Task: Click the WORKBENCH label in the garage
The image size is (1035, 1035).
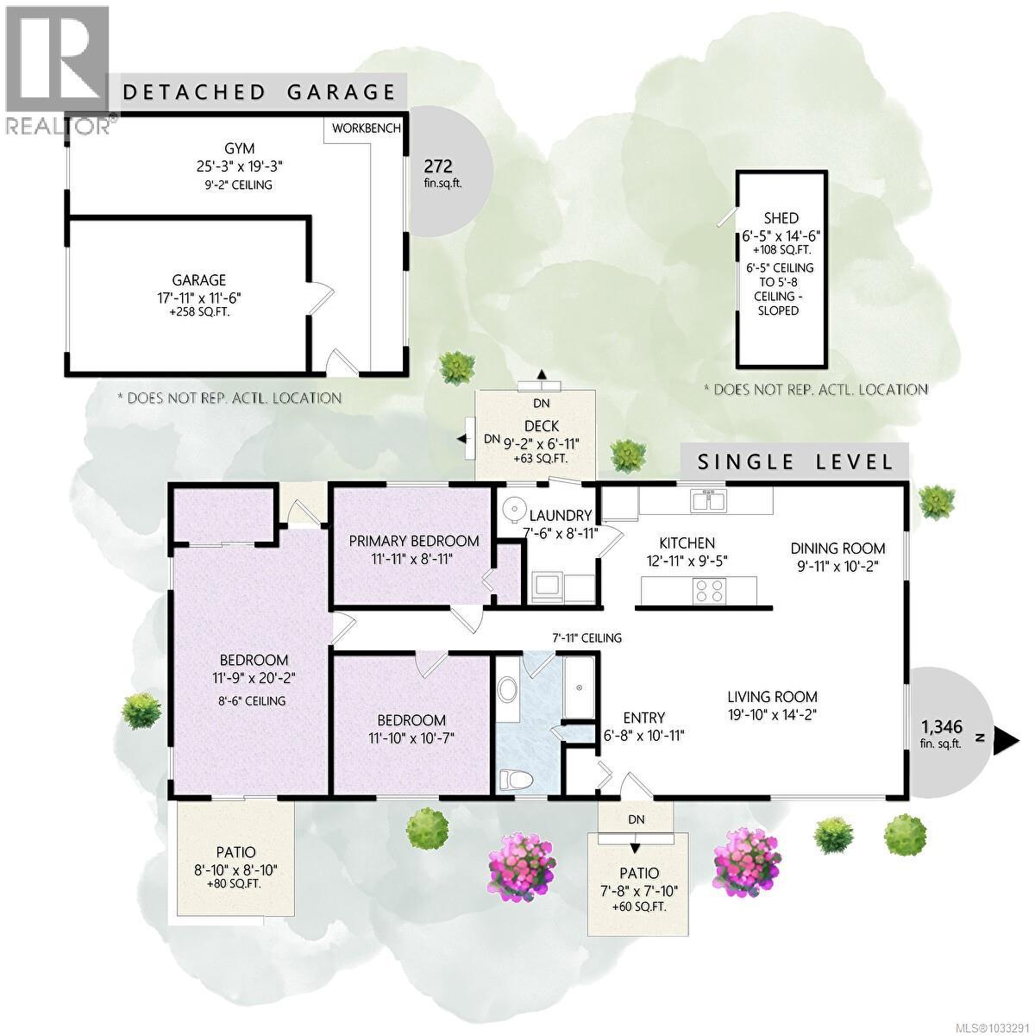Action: [367, 129]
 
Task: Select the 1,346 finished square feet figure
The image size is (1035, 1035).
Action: [941, 727]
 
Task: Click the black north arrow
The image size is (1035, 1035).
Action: [1006, 737]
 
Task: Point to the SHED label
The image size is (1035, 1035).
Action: [781, 218]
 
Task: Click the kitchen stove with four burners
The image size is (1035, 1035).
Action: [710, 591]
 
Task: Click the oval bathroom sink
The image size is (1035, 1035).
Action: [508, 690]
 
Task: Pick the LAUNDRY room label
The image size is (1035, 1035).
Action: [560, 516]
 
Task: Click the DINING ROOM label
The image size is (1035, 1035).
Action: [837, 548]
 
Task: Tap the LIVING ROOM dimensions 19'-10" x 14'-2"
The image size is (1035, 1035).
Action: [771, 714]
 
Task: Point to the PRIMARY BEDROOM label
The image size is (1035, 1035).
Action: [414, 541]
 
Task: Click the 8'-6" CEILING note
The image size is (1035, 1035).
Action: [253, 700]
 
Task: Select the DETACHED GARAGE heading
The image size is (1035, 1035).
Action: [260, 92]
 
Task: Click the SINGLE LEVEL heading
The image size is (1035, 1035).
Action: [795, 461]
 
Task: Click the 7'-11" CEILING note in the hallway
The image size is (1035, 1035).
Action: [587, 638]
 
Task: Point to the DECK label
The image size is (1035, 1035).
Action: [542, 426]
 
